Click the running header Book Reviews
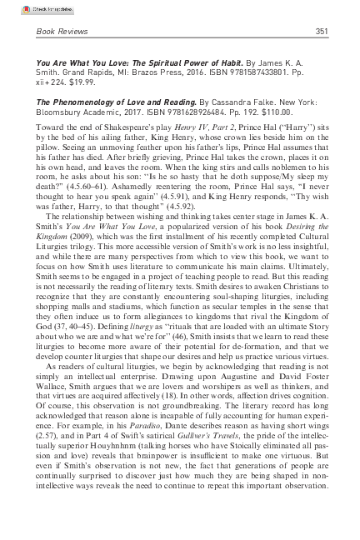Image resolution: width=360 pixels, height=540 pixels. tap(60, 32)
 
